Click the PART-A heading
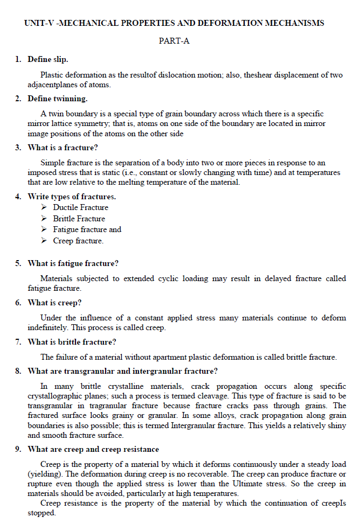[174, 41]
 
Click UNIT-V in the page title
[39, 23]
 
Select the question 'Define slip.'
[48, 59]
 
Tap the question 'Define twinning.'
[57, 99]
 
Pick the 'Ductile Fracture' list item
[80, 207]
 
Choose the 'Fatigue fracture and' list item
[87, 229]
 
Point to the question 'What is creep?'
[54, 303]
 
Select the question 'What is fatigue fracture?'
[73, 263]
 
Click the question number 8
[18, 371]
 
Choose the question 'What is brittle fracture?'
[72, 342]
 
